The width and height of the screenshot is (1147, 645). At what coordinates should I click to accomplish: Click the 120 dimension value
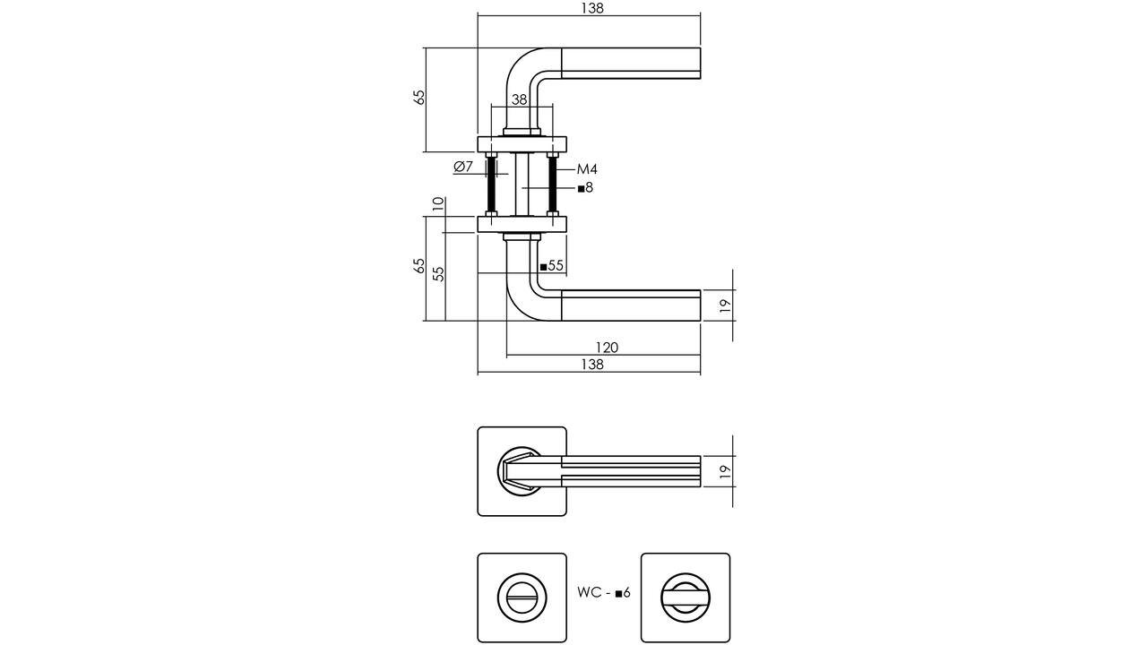pos(607,348)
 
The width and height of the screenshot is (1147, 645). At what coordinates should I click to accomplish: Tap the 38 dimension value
pos(519,99)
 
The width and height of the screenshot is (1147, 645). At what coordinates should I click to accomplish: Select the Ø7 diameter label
pos(463,167)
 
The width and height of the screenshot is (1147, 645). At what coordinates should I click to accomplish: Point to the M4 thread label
pos(587,169)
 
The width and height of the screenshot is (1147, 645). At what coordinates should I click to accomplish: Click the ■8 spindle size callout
pos(585,188)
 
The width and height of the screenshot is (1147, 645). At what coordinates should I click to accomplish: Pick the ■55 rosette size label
pos(551,266)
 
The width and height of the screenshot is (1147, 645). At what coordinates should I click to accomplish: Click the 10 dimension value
pos(438,204)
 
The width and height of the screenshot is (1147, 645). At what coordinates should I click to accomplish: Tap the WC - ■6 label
pos(604,592)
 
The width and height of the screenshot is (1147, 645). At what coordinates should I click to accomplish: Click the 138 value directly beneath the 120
pos(592,365)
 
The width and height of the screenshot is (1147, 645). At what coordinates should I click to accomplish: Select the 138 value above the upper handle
pos(592,8)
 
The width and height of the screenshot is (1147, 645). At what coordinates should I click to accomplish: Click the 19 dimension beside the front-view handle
pos(725,471)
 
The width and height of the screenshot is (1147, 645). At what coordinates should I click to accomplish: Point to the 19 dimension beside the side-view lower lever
pos(725,305)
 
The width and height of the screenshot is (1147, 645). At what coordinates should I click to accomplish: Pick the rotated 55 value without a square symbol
pos(438,274)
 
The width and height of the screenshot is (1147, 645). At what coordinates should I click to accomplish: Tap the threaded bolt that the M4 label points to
pos(553,185)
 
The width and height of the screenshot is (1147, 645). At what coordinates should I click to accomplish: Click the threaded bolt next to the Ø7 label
pos(492,185)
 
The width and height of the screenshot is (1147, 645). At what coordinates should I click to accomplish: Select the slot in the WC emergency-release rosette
pos(522,598)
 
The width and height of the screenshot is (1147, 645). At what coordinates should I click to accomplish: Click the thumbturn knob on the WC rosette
pos(686,598)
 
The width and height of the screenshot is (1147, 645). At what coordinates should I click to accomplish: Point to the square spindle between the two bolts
pos(522,185)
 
